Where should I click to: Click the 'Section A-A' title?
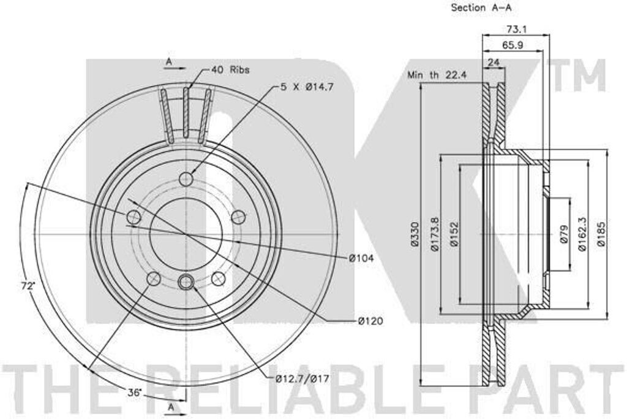pos(481,7)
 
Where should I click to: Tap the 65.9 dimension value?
pos(512,45)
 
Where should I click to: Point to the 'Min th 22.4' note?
pos(437,75)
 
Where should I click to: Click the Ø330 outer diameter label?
pos(415,234)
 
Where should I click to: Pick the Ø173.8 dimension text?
pos(435,234)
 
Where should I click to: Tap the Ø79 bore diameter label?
pos(564,234)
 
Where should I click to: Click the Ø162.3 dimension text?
pos(582,234)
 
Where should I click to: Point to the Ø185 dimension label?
pos(602,234)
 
